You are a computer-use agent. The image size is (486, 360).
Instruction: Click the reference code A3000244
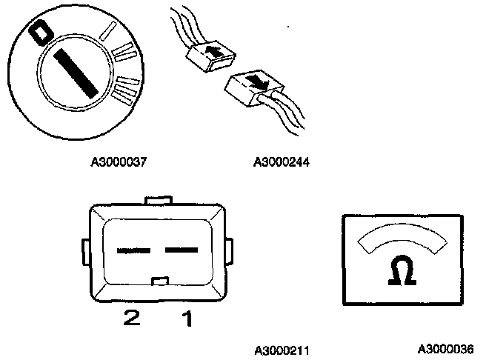coord(281,160)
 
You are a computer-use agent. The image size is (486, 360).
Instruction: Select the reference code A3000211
coord(281,348)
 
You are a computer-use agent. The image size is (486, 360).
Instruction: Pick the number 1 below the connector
coord(187,319)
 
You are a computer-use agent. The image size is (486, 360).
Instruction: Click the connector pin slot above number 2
coord(133,250)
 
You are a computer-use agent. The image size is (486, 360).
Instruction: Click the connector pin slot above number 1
coord(182,250)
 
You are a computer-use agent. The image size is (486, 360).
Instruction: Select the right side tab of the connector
coord(230,250)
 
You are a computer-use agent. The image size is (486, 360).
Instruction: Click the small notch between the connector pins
coord(158,280)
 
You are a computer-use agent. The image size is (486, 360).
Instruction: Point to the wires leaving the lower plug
coord(293,111)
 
